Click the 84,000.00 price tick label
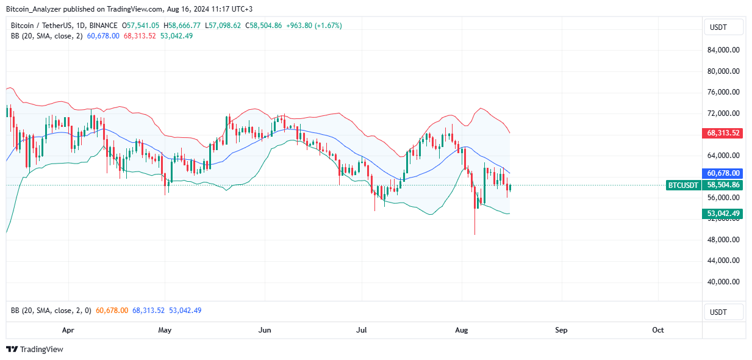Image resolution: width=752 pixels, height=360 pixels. pyautogui.click(x=723, y=50)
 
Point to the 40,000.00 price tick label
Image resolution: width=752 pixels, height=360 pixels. pyautogui.click(x=723, y=281)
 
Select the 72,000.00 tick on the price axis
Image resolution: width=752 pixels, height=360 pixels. pyautogui.click(x=723, y=113)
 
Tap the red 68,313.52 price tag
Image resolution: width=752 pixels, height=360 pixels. pyautogui.click(x=723, y=133)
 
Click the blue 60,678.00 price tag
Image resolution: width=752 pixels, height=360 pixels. pyautogui.click(x=723, y=173)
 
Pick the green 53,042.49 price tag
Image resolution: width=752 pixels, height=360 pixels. pyautogui.click(x=723, y=213)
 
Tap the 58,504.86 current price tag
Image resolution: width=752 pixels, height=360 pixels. pyautogui.click(x=723, y=185)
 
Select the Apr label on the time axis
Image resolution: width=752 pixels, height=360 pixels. pyautogui.click(x=68, y=330)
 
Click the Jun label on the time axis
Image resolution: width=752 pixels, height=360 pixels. pyautogui.click(x=265, y=330)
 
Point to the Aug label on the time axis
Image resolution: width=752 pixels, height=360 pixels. pyautogui.click(x=462, y=330)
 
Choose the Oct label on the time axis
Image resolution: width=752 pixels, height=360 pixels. pyautogui.click(x=657, y=330)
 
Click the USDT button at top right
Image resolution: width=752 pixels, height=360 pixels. pyautogui.click(x=723, y=27)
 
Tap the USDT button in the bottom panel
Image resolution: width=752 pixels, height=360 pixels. pyautogui.click(x=723, y=312)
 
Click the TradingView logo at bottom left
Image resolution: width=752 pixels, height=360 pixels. pyautogui.click(x=35, y=350)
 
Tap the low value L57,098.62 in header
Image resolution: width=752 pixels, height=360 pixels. pyautogui.click(x=224, y=26)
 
